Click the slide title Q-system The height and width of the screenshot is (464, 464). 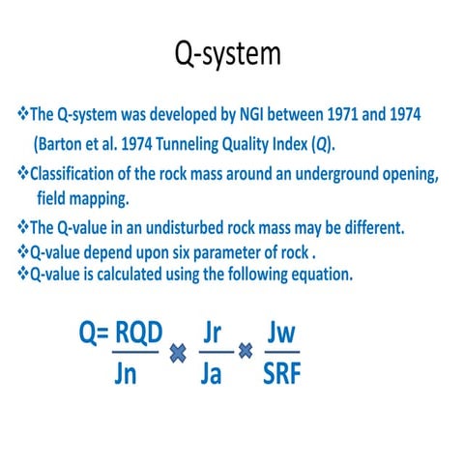[x=227, y=53]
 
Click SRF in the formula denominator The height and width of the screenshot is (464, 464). [x=281, y=374]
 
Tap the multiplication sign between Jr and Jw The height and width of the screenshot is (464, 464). [x=246, y=353]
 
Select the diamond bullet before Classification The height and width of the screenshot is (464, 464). [x=24, y=175]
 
